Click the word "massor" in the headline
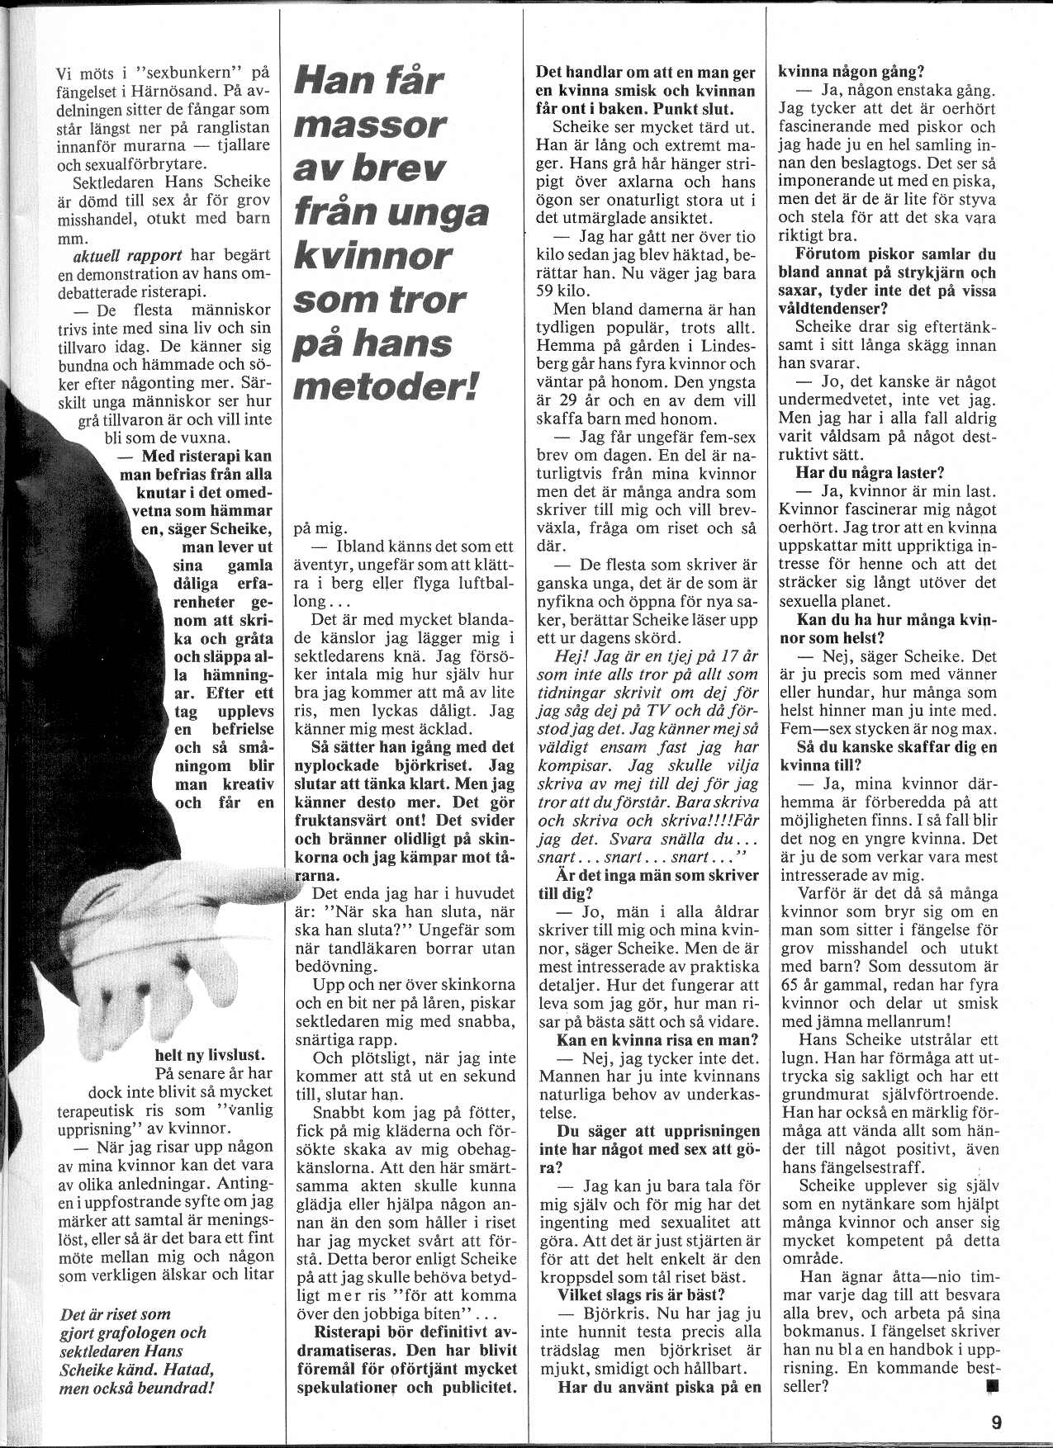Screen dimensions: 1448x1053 click(x=369, y=126)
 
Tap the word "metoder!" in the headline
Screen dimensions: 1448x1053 click(x=387, y=386)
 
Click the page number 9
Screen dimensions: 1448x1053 click(x=996, y=1422)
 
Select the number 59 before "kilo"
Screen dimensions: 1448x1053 click(x=548, y=291)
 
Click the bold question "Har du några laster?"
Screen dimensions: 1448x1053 click(x=869, y=473)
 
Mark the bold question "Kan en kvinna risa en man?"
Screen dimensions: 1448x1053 click(x=657, y=1040)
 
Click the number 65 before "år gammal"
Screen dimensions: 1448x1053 click(x=790, y=985)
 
